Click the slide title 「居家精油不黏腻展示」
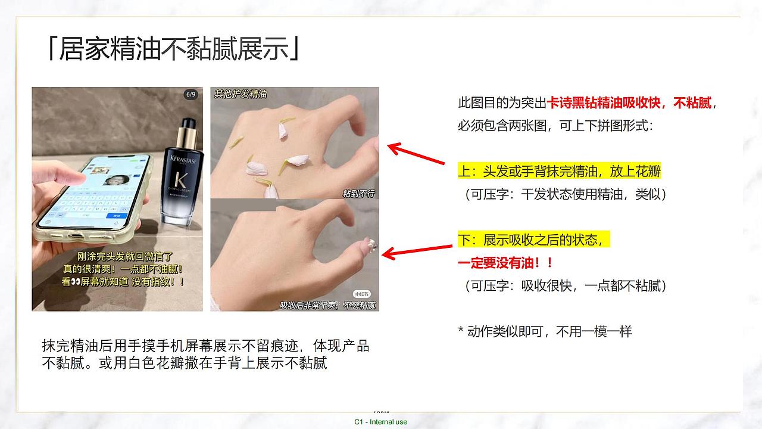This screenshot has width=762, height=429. point(173,49)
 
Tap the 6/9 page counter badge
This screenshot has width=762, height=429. point(190,95)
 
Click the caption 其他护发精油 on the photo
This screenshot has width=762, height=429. point(241,94)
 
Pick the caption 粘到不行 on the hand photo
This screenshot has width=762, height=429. point(358,194)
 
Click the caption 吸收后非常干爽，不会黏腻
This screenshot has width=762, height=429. point(328,306)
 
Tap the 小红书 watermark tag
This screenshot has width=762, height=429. point(361,294)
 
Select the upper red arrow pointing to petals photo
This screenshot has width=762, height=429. point(416,154)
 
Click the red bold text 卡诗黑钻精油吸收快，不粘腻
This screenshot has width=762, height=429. point(629,103)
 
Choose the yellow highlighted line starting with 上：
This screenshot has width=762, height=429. point(559,172)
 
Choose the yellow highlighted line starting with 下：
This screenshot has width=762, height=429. point(533,240)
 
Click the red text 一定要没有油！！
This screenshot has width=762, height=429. point(505,263)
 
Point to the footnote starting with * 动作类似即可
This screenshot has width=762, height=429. point(545,331)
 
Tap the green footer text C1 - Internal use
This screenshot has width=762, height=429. point(380,422)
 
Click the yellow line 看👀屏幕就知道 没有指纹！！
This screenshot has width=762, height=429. point(123,282)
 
